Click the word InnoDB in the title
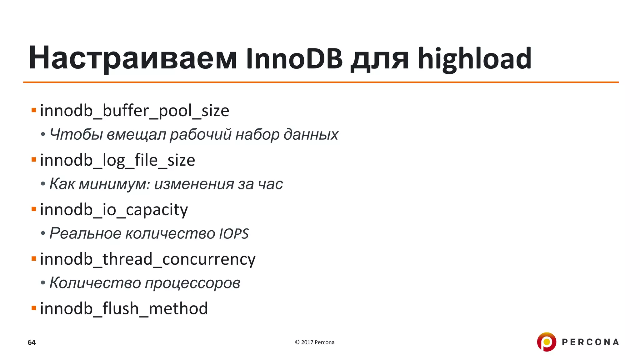[x=294, y=58]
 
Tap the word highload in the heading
[x=475, y=58]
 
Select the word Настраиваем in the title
[x=132, y=58]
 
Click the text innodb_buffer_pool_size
[x=135, y=111]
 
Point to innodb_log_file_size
[x=117, y=160]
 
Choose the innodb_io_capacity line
[x=114, y=210]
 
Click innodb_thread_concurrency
[x=147, y=259]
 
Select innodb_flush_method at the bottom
[x=124, y=309]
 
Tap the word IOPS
[x=234, y=234]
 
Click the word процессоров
[x=192, y=283]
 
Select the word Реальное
[x=85, y=234]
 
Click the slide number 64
[x=32, y=342]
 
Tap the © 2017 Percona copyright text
[x=315, y=342]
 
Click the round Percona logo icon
[x=546, y=342]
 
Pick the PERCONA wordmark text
[x=590, y=342]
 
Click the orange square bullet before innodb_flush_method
[x=34, y=308]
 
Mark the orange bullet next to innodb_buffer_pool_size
[x=34, y=110]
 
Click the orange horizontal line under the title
[x=321, y=82]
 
